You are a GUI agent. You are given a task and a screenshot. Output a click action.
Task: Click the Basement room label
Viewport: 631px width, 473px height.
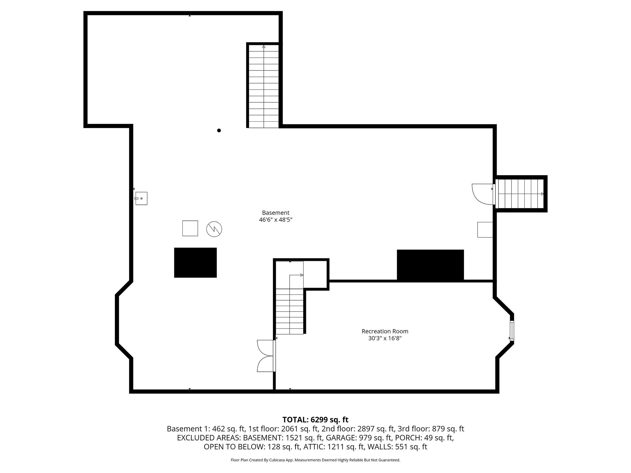point(275,213)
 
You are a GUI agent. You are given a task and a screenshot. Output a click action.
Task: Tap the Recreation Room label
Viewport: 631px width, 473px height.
point(385,331)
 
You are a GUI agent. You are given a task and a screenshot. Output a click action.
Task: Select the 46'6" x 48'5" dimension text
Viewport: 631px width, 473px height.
point(275,220)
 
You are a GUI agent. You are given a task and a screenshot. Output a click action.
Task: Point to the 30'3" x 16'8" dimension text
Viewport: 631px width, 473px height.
point(385,338)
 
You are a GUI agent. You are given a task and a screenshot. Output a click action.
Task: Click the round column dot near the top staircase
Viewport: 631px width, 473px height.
point(219,131)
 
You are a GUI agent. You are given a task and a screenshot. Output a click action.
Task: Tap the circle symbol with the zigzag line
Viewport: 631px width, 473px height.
point(214,229)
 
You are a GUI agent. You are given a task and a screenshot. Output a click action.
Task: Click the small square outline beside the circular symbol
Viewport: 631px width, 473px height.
point(190,228)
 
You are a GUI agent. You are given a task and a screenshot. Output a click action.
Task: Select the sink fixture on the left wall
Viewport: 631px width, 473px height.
point(141,198)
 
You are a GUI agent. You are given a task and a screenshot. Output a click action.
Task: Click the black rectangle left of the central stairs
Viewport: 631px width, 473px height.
point(195,263)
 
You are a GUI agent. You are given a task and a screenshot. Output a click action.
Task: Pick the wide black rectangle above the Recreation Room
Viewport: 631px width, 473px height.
point(430,265)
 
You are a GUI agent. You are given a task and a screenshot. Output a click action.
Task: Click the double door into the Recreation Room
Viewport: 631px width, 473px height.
point(266,356)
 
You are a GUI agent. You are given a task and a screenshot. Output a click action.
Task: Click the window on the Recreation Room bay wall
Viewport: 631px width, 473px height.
point(512,331)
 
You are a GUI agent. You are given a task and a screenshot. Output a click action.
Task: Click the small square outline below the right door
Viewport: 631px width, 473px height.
point(485,230)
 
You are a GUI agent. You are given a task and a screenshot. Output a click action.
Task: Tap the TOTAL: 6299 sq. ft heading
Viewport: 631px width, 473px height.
point(315,420)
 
